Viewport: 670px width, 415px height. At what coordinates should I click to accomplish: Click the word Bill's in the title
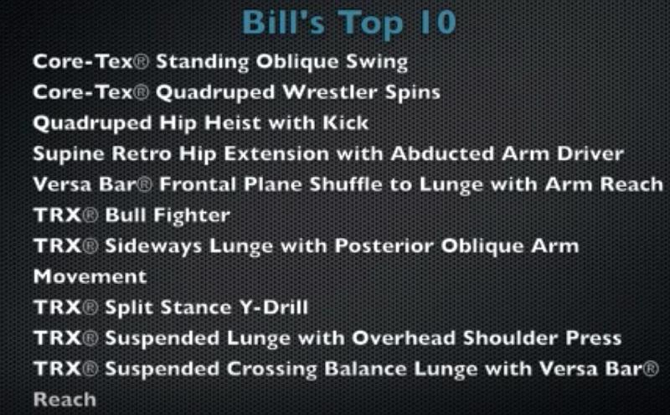285,22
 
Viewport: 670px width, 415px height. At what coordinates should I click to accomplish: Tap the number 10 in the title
438,22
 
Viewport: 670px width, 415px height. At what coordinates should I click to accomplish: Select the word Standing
202,63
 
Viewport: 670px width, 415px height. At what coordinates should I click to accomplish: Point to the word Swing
376,63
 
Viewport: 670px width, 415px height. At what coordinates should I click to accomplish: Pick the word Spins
413,93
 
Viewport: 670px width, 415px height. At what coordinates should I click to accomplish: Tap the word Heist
233,123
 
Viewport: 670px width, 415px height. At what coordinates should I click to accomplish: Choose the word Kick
345,123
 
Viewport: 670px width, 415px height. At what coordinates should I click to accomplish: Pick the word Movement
90,277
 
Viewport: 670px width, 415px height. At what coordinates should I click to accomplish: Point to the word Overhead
404,339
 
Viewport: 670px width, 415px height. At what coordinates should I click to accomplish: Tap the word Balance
365,369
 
